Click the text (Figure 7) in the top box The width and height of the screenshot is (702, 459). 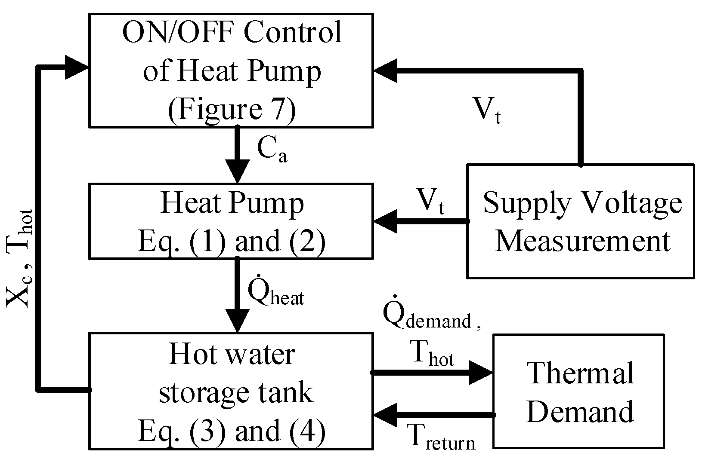tap(232, 109)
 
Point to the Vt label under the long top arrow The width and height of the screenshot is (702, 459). tap(487, 110)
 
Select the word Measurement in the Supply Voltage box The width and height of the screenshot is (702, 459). tap(583, 241)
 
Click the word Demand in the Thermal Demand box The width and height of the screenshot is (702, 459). tap(580, 412)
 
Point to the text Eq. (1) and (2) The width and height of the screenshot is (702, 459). tap(232, 242)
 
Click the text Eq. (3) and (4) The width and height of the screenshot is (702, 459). tap(232, 431)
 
